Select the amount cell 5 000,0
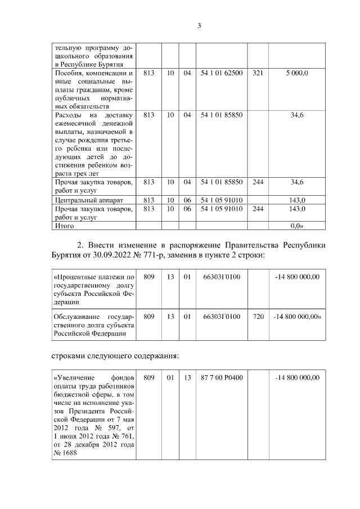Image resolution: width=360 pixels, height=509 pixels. click(x=297, y=73)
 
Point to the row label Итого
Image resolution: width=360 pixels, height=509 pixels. click(x=63, y=226)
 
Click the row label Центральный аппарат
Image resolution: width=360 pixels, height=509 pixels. click(x=87, y=200)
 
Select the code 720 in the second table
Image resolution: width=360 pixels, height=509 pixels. click(x=258, y=317)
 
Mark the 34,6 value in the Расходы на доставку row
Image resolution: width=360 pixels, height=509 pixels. click(x=297, y=115)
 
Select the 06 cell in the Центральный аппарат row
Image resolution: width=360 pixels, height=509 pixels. click(x=187, y=200)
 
